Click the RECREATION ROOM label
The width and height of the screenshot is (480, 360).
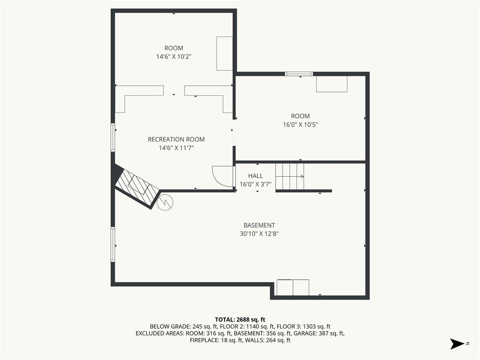click(176, 139)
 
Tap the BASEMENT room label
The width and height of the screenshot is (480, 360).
click(259, 225)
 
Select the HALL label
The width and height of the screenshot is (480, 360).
click(255, 176)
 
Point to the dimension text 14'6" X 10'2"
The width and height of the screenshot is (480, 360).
click(173, 57)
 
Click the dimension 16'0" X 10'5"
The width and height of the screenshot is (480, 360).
click(300, 125)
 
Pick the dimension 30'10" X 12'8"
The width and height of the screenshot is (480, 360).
click(259, 234)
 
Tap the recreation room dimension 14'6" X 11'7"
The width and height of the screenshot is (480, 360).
click(176, 148)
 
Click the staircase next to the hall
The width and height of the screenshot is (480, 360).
click(290, 176)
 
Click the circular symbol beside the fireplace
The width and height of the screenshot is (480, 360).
click(165, 202)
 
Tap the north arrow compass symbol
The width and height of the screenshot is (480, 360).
click(457, 344)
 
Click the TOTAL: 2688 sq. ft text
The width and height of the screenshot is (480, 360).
click(240, 320)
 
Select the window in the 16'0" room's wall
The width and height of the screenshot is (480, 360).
click(299, 74)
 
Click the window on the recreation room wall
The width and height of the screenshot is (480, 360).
click(112, 137)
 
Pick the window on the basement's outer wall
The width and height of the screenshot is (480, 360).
click(112, 244)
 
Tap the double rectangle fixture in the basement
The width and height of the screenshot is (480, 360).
click(293, 287)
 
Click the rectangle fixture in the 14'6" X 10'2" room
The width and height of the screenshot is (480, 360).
click(225, 53)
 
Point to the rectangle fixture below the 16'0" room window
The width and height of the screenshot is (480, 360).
click(332, 84)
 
